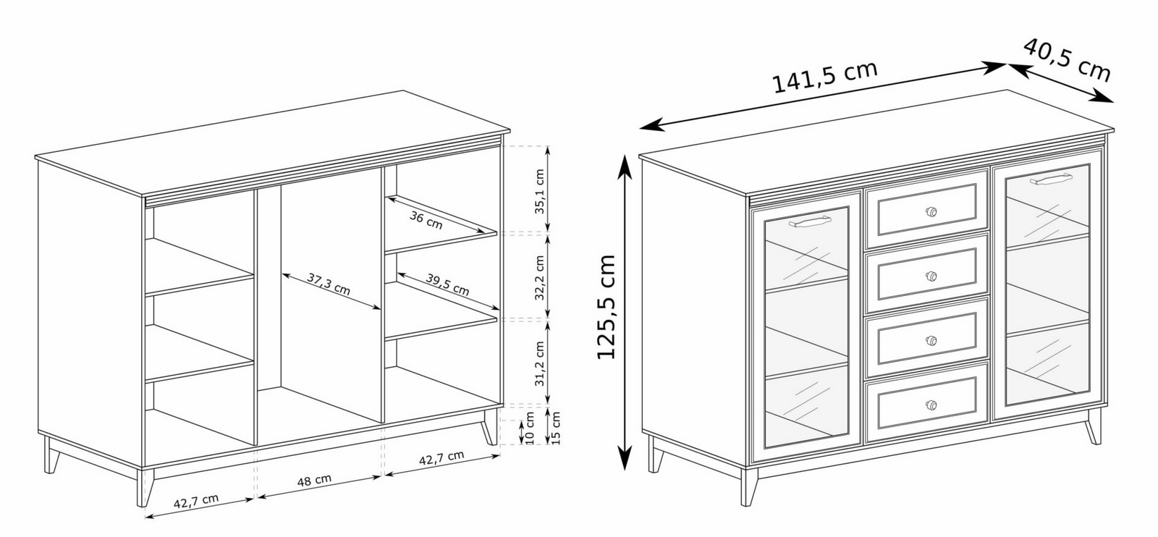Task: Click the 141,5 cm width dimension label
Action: [x=824, y=77]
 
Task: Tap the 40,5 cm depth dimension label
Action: [x=1067, y=61]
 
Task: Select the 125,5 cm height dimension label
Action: [x=607, y=306]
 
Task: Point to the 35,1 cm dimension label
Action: [x=540, y=191]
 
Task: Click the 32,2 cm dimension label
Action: [x=540, y=277]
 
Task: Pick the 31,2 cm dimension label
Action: [x=540, y=363]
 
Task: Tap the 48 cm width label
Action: [x=314, y=480]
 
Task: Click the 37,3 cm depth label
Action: [x=329, y=284]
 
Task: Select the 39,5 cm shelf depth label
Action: [x=448, y=284]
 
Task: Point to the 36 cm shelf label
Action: [x=426, y=220]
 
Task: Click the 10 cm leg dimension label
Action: [x=529, y=428]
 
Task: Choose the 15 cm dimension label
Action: [x=556, y=428]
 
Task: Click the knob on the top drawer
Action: [x=931, y=211]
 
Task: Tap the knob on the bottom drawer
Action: [x=931, y=405]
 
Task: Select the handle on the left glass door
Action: [x=810, y=221]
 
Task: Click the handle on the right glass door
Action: [x=1050, y=179]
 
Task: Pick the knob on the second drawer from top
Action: [x=931, y=276]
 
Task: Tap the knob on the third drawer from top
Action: [x=931, y=341]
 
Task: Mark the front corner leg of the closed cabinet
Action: [x=748, y=487]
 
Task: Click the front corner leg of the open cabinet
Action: [x=145, y=488]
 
